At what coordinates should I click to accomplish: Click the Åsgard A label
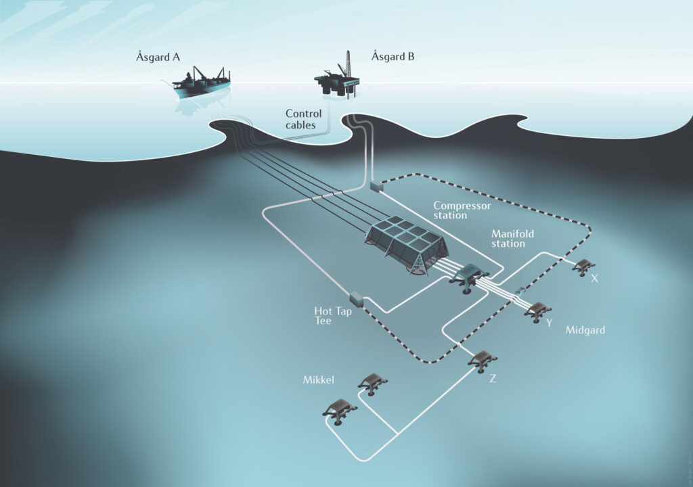(x=158, y=57)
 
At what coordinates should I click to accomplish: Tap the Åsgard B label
(x=393, y=57)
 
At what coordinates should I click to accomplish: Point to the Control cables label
(x=303, y=119)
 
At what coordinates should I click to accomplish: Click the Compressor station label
(x=462, y=210)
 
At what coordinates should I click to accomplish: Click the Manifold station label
(x=512, y=238)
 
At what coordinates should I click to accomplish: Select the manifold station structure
(x=468, y=278)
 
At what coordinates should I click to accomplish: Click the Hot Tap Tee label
(x=333, y=315)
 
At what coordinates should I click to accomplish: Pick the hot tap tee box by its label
(x=356, y=300)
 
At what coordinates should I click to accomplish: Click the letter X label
(x=594, y=279)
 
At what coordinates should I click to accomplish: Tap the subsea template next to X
(x=583, y=267)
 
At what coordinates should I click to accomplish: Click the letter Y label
(x=550, y=323)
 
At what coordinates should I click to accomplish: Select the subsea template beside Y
(x=537, y=312)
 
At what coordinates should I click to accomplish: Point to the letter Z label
(x=493, y=378)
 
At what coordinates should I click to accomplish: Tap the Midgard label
(x=585, y=330)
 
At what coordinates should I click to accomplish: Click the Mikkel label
(x=318, y=379)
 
